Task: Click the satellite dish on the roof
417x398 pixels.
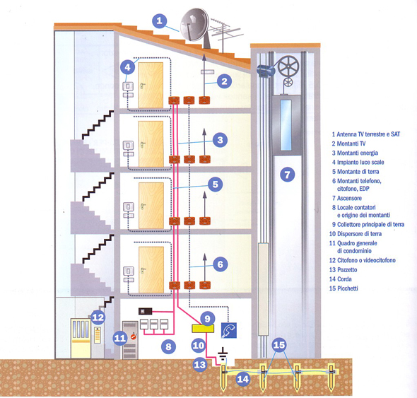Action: click(194, 25)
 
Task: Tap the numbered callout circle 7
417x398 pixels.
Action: click(288, 175)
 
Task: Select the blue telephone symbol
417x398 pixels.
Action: click(229, 330)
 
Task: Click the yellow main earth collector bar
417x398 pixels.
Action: click(203, 329)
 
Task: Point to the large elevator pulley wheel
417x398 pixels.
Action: click(288, 66)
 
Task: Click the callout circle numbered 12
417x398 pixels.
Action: click(98, 317)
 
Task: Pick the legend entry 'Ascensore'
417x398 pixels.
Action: click(347, 198)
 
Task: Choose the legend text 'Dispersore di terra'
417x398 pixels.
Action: click(356, 234)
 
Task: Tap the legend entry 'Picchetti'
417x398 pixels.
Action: click(343, 288)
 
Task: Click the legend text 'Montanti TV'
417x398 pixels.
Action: click(348, 144)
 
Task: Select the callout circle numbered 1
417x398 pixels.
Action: click(160, 21)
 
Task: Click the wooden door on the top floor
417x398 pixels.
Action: click(151, 85)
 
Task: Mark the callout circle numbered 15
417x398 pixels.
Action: click(279, 345)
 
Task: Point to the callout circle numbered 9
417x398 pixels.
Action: click(208, 318)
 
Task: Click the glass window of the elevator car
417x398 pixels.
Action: click(286, 125)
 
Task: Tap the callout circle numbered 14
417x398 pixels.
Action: click(243, 379)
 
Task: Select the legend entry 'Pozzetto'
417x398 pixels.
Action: click(343, 270)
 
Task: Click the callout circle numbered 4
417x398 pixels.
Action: click(128, 67)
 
